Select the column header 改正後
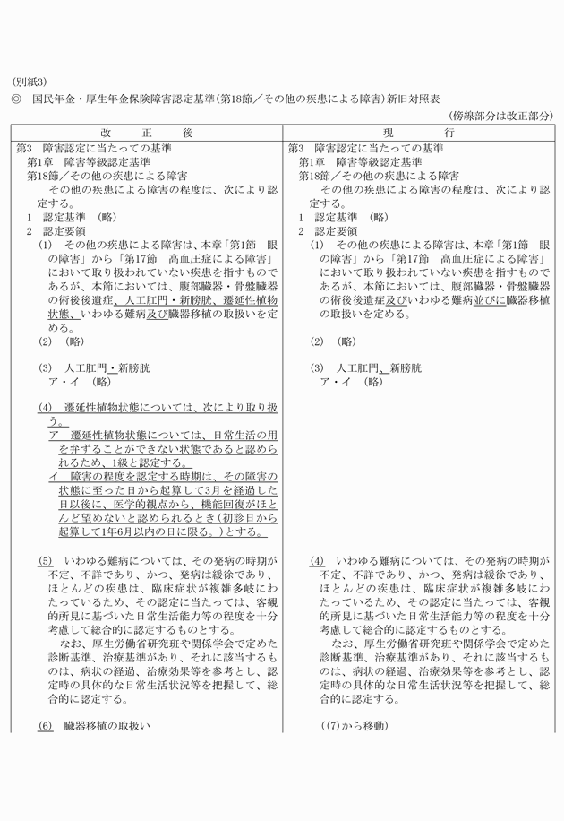click(147, 132)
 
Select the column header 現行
click(420, 132)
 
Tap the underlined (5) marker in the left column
click(46, 560)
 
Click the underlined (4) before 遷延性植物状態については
click(46, 407)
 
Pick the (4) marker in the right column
click(317, 560)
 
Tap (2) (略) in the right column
click(334, 341)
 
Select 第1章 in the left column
click(41, 162)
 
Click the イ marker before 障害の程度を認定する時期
click(54, 477)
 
